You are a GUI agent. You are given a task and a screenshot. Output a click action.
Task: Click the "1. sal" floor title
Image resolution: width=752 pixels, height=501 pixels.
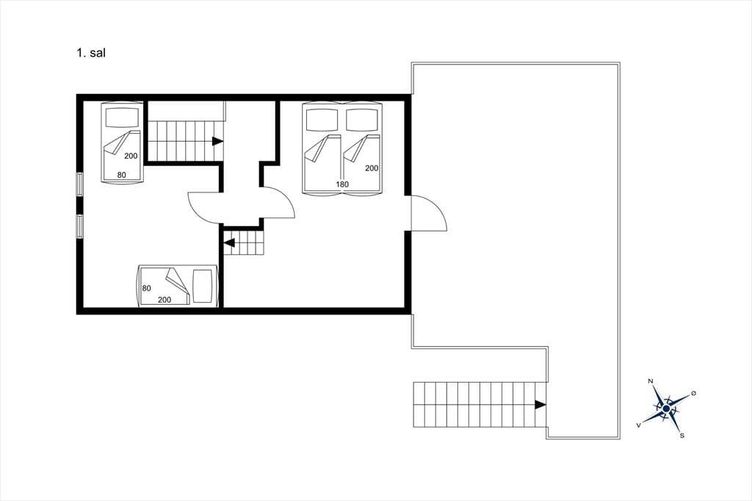91,53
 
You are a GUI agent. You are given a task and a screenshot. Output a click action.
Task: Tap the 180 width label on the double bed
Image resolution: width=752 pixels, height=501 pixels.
342,184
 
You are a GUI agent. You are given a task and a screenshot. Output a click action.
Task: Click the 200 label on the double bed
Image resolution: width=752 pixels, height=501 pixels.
371,168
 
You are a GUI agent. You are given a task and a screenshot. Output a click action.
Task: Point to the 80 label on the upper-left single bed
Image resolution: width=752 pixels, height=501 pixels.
121,175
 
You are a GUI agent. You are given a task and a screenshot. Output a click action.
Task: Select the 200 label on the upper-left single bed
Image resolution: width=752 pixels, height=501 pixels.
131,156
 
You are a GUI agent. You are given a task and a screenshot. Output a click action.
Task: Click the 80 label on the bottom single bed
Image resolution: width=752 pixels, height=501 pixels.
146,289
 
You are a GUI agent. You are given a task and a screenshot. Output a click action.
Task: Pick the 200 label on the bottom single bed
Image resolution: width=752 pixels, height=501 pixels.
164,300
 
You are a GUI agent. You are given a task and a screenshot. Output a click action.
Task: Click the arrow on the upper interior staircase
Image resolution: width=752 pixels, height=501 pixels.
218,141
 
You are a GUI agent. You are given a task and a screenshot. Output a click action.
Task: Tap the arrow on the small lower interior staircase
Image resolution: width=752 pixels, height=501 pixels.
229,243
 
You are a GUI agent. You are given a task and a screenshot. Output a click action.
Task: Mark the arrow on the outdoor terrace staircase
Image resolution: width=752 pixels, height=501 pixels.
540,405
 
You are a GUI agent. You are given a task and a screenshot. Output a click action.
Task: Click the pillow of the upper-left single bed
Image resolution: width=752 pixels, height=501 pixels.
123,117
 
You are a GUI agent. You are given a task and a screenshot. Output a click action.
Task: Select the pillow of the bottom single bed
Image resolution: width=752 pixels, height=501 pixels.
203,286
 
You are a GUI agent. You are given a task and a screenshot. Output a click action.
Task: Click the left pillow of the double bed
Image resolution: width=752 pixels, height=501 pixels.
322,120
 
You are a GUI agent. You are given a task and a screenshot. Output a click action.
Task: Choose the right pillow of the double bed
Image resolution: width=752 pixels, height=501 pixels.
362,120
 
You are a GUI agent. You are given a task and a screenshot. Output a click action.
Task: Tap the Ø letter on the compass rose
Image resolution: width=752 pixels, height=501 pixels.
693,394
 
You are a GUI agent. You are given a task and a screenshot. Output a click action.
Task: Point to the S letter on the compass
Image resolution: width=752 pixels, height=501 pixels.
682,436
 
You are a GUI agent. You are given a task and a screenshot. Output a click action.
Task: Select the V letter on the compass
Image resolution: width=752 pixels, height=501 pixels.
638,425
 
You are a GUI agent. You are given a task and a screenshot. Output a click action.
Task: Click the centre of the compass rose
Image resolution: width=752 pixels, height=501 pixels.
666,408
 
